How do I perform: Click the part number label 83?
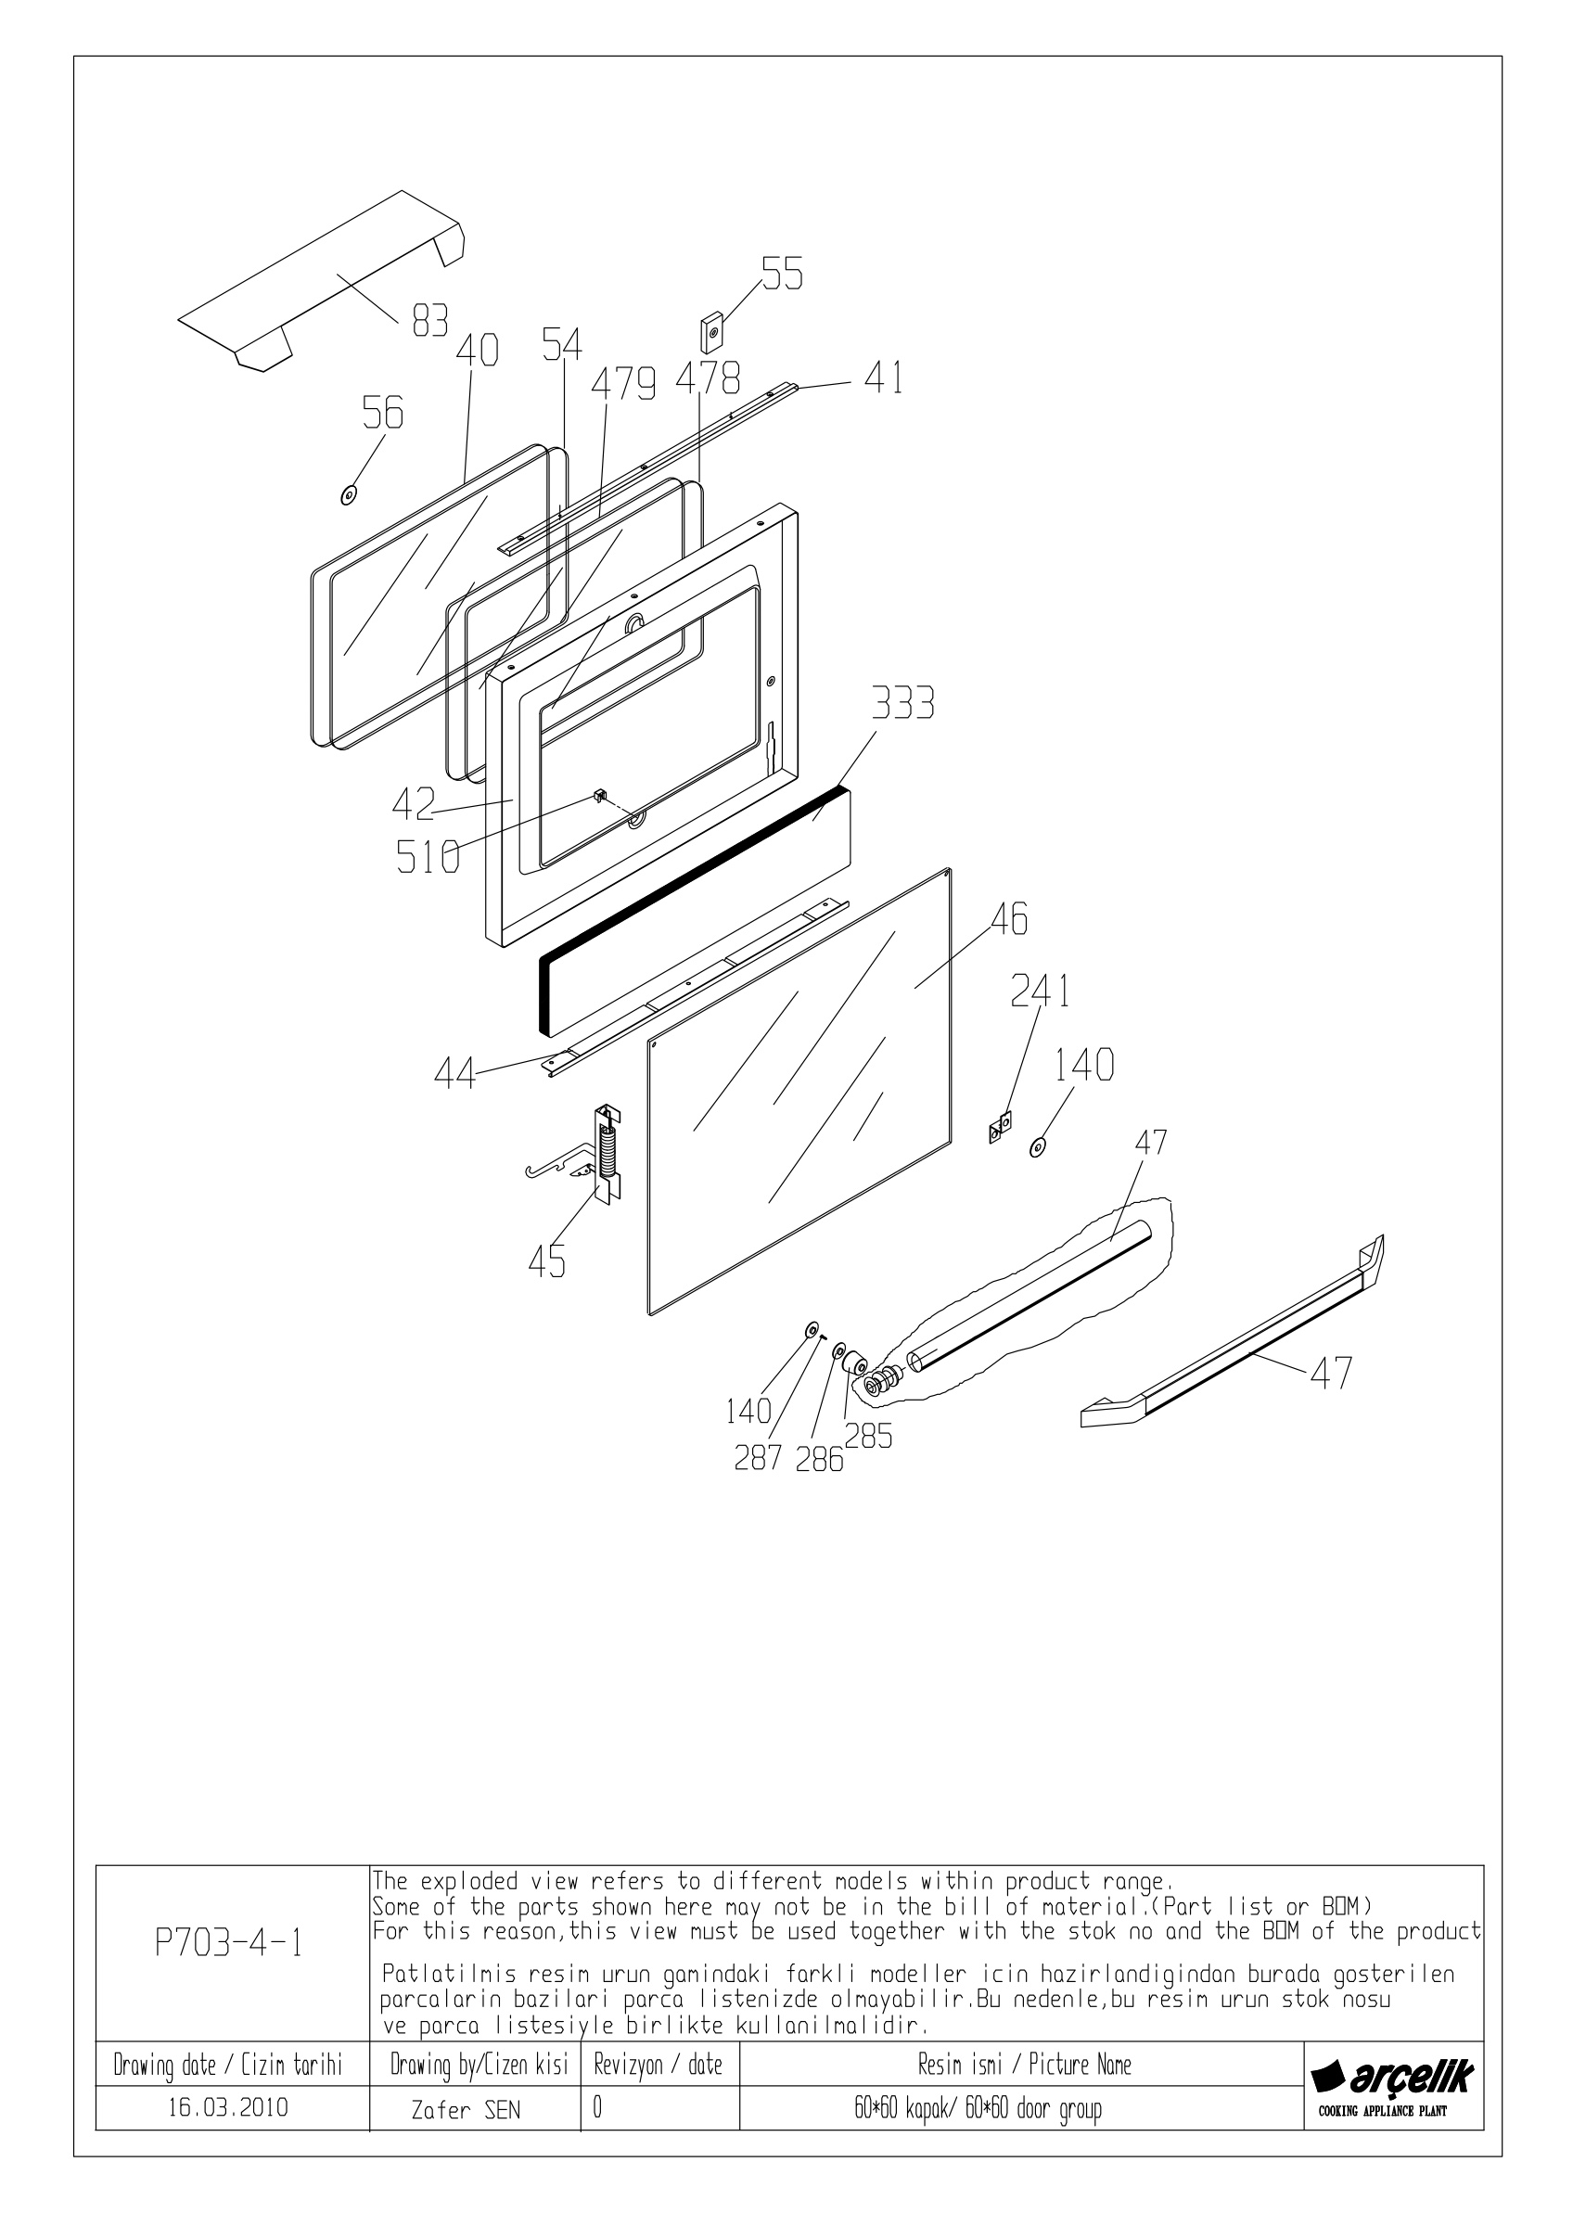[x=430, y=320]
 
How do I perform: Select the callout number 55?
[x=782, y=275]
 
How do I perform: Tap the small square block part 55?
[x=713, y=333]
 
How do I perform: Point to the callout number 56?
[x=383, y=413]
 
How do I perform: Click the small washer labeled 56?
[x=347, y=495]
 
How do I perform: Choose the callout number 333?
[x=903, y=704]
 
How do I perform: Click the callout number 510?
[x=428, y=857]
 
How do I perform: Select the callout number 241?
[x=1040, y=991]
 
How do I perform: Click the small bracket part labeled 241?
[x=999, y=1127]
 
